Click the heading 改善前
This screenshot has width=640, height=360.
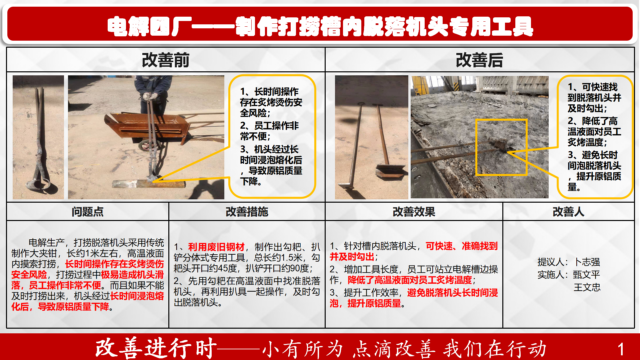click(x=165, y=60)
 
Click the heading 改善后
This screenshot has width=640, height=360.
click(x=479, y=60)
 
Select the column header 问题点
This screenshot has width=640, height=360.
click(x=88, y=212)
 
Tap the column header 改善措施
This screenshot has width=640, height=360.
click(x=247, y=212)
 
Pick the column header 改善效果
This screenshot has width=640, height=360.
click(x=414, y=212)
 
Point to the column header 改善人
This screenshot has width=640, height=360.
click(x=568, y=212)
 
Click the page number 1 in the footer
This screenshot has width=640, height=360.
click(x=621, y=349)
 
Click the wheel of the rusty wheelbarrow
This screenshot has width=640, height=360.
click(x=146, y=146)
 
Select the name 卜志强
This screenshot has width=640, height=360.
click(x=587, y=262)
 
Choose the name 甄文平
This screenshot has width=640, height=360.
click(x=587, y=275)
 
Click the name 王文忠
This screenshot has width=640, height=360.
click(x=587, y=287)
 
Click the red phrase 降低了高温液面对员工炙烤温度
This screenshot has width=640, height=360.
click(x=410, y=280)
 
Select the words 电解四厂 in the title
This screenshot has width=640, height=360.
click(x=150, y=27)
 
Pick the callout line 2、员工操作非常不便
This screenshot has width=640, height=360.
click(x=270, y=131)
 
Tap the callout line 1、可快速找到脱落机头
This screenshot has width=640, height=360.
click(x=594, y=98)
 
